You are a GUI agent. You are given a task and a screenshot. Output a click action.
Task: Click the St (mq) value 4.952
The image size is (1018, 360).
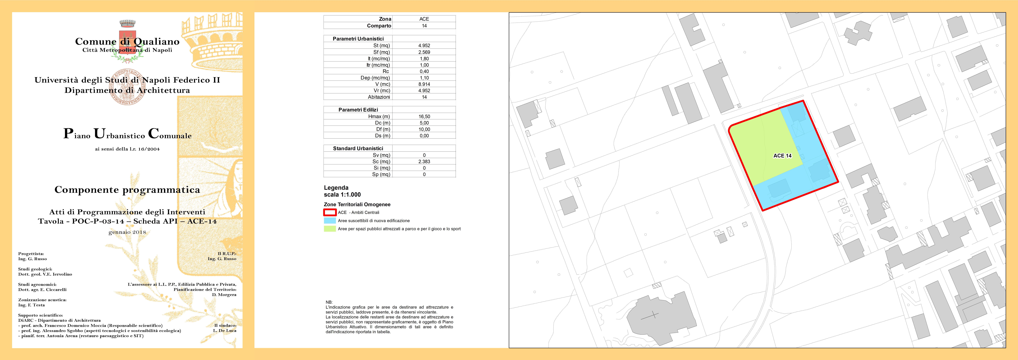click(x=424, y=45)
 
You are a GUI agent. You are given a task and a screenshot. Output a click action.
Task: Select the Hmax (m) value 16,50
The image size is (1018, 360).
click(x=424, y=117)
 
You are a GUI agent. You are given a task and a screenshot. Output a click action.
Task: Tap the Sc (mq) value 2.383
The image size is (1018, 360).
click(x=424, y=162)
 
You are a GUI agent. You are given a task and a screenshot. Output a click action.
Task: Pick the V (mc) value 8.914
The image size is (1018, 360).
click(x=424, y=84)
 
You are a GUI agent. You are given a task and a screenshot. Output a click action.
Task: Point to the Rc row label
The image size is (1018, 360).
click(x=386, y=72)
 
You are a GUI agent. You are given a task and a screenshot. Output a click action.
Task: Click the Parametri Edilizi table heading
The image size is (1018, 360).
click(x=358, y=110)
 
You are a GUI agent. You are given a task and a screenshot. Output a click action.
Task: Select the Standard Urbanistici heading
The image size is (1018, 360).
click(x=358, y=149)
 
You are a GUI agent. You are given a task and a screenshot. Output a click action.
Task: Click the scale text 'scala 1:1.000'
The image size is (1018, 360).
click(x=342, y=194)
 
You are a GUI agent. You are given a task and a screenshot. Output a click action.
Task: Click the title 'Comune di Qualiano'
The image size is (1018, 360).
click(x=127, y=41)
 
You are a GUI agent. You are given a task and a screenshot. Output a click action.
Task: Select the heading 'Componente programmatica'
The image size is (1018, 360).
click(x=127, y=190)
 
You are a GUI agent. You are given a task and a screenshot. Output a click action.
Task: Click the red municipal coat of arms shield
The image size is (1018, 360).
click(x=127, y=41)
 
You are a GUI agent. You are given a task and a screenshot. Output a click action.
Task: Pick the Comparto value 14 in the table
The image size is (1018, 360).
click(x=424, y=26)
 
